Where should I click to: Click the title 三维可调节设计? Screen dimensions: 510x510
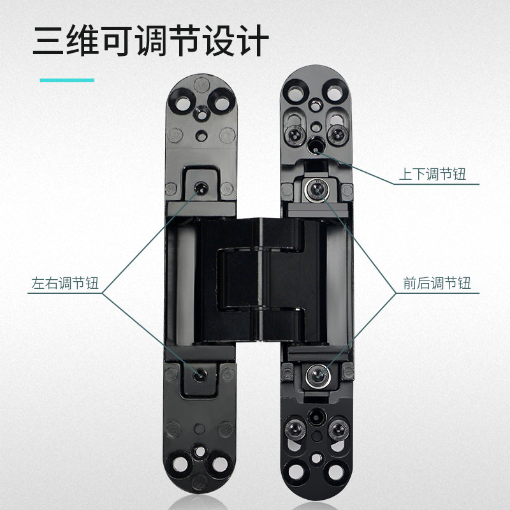click(150, 42)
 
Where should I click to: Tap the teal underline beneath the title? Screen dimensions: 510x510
click(67, 80)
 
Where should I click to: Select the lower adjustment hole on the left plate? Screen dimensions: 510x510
click(200, 375)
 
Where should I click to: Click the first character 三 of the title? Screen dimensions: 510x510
click(50, 42)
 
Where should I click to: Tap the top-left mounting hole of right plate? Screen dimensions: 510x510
click(296, 92)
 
